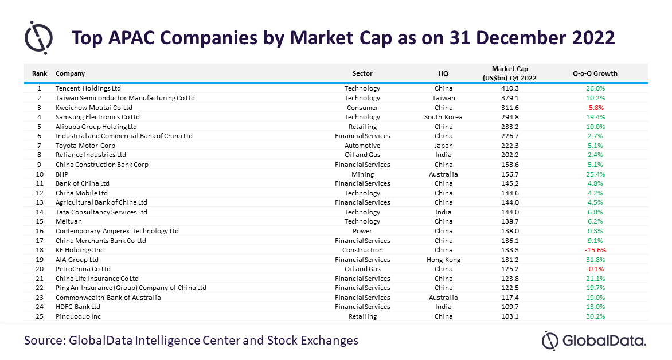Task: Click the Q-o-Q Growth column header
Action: point(595,73)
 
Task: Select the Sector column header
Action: point(362,73)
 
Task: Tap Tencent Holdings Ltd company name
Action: point(88,88)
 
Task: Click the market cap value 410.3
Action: point(510,88)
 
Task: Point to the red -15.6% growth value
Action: point(595,250)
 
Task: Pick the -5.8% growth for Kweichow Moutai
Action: point(595,108)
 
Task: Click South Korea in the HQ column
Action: point(443,117)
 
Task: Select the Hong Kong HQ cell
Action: point(443,260)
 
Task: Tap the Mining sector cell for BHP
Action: point(362,174)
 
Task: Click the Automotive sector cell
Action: point(362,146)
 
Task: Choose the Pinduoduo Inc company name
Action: point(78,316)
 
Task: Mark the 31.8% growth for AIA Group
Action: point(595,260)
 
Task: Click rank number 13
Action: point(40,202)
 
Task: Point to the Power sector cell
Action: point(362,231)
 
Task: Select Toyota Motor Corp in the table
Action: point(85,146)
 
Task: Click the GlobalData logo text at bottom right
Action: point(603,341)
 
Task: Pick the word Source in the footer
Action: point(45,341)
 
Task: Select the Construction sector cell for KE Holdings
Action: point(362,250)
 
